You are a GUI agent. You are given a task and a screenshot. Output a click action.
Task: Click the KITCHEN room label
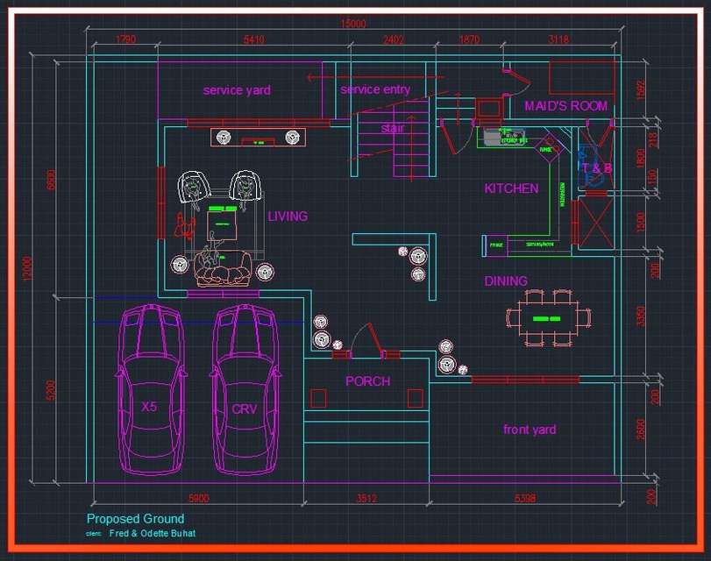pos(511,188)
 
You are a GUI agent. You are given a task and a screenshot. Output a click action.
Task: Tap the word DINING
pos(506,281)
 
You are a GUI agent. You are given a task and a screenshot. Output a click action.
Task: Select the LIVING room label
pos(288,216)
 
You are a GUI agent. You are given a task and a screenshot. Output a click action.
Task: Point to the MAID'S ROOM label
pos(565,106)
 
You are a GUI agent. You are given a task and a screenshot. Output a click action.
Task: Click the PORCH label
pos(367,381)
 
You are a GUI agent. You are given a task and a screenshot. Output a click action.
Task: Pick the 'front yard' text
pos(530,430)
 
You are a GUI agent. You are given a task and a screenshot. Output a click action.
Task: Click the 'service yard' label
pos(237,89)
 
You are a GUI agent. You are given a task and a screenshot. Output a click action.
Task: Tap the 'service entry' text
pos(375,89)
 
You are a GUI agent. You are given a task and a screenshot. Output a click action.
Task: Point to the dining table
pos(549,316)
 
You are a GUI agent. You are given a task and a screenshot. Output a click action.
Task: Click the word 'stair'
pos(393,128)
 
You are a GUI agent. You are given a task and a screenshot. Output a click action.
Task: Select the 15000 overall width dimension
pos(353,24)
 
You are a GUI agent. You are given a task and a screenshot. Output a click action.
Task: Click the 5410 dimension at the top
pos(254,39)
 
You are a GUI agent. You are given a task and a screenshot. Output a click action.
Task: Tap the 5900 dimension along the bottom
pos(198,499)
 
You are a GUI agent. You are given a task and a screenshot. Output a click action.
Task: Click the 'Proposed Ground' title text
pos(135,519)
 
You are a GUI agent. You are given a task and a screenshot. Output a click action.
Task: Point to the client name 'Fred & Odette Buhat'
pos(153,533)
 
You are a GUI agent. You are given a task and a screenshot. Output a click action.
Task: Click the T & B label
pos(597,167)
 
